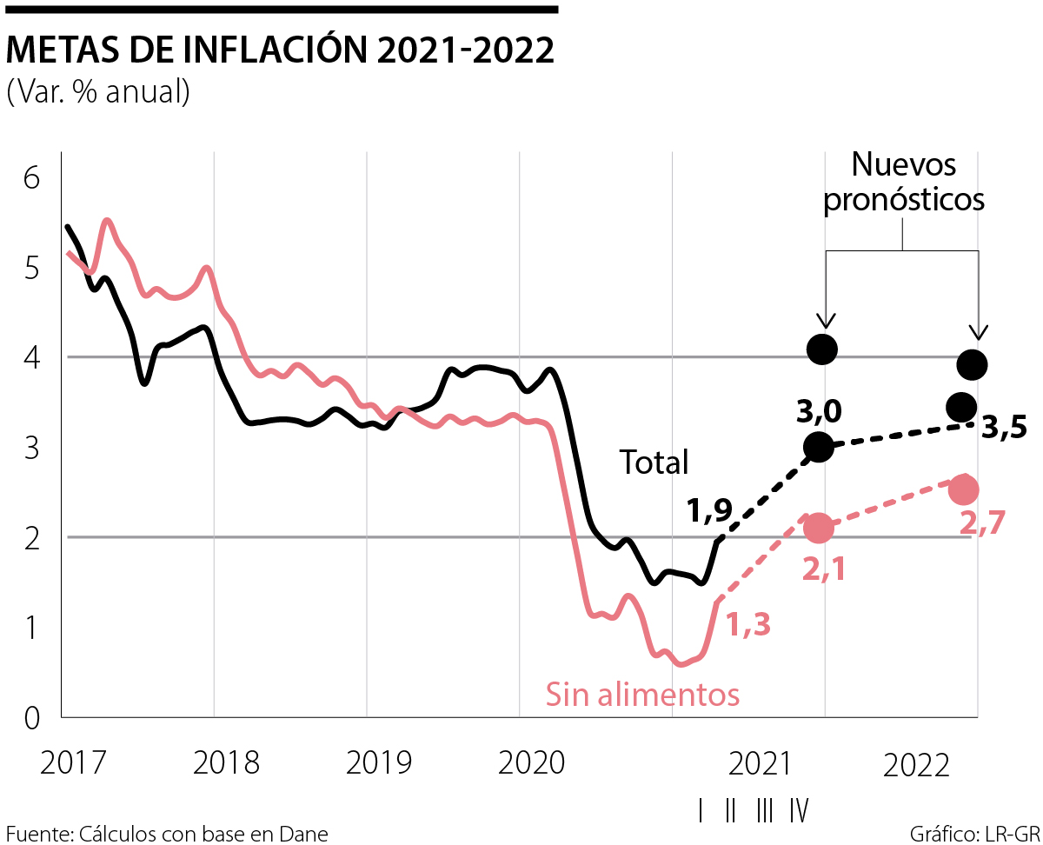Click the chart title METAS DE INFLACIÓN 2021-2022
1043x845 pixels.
tap(280, 51)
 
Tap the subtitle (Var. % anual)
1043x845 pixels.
tap(97, 91)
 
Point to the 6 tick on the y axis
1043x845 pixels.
tap(32, 178)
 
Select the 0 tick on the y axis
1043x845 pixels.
tap(32, 718)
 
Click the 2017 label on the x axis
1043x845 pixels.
tap(74, 763)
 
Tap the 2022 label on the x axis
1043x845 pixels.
tap(914, 765)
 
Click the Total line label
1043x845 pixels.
tap(654, 462)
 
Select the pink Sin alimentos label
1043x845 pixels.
tap(642, 695)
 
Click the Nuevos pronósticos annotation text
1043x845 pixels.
tap(904, 182)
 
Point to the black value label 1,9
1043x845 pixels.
tap(709, 511)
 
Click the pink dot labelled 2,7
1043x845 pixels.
tap(964, 489)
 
